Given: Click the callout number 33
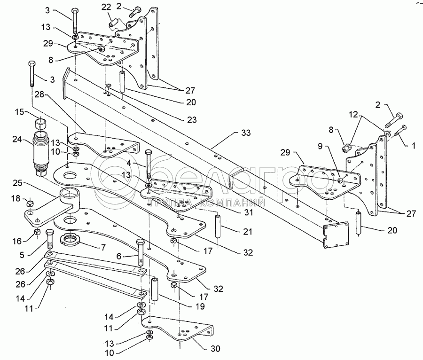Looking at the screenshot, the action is point(246,133).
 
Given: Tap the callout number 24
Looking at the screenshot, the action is point(17,140).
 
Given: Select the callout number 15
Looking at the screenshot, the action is point(19,112).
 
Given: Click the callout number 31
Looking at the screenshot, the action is point(248,212).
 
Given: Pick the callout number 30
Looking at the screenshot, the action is point(215,349).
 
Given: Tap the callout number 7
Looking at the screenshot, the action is point(102,247).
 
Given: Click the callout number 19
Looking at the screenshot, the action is point(200,306).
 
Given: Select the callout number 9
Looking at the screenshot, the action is point(320,146).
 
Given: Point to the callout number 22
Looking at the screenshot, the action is point(106,8).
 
